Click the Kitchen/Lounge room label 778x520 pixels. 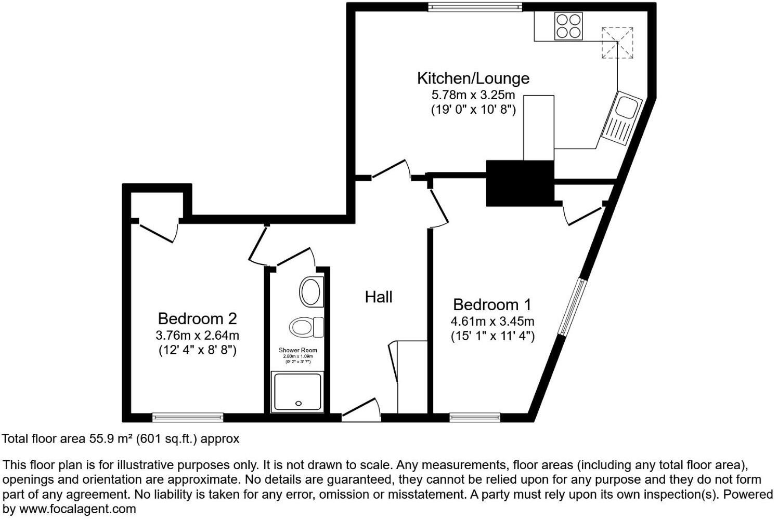(x=473, y=78)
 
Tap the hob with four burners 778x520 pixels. (x=568, y=25)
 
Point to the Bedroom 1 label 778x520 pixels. (x=492, y=304)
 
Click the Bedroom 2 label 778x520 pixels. (x=197, y=318)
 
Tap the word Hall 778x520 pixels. (x=378, y=297)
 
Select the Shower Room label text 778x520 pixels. (x=297, y=350)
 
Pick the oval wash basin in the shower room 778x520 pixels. (x=311, y=291)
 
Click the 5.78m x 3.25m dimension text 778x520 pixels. (x=473, y=95)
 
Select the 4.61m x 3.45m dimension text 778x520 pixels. (x=492, y=321)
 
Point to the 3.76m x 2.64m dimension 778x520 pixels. (x=197, y=335)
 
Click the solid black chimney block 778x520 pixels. (x=519, y=183)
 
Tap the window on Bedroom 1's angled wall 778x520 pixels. (x=573, y=307)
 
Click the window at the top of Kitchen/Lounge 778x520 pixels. (x=475, y=7)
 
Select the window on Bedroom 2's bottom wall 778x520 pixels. (x=188, y=417)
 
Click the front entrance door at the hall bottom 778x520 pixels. (x=360, y=410)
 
